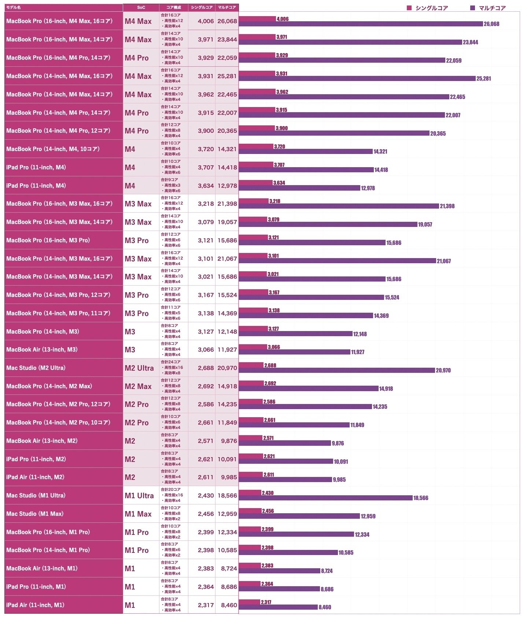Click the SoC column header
tap(141, 7)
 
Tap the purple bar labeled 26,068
tap(361, 24)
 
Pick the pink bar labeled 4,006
tap(257, 19)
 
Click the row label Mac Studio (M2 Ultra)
tap(36, 368)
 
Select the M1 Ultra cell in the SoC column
tap(139, 496)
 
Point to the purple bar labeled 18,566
tap(325, 498)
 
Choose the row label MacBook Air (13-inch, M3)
tap(42, 349)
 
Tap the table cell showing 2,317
tap(206, 605)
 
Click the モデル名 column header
tap(14, 7)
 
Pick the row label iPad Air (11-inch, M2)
tap(35, 477)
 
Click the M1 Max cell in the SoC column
tap(138, 514)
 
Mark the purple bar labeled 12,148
tap(295, 334)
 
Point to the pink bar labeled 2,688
tap(251, 365)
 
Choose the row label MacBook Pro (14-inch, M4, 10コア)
tap(53, 149)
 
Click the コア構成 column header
tap(173, 7)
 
